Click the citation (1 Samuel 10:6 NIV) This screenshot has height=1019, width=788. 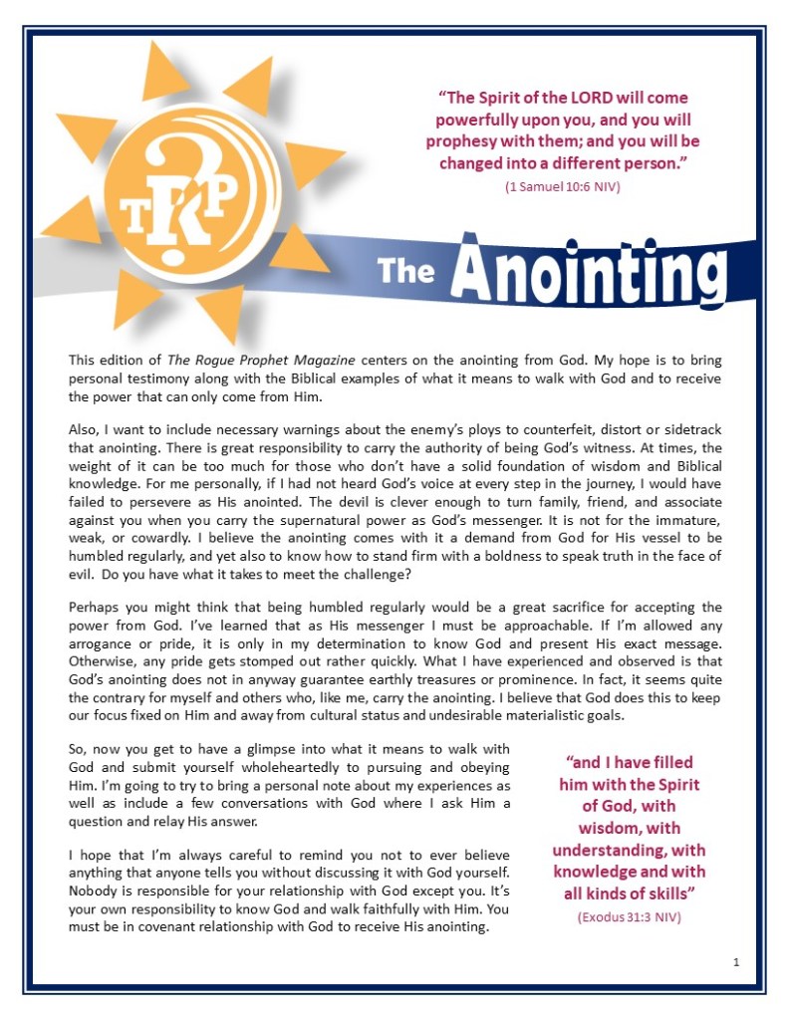click(x=562, y=185)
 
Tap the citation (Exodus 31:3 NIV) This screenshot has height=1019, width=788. click(x=629, y=916)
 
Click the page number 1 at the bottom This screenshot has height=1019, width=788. click(x=735, y=961)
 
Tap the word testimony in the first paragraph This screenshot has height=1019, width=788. click(x=151, y=381)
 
